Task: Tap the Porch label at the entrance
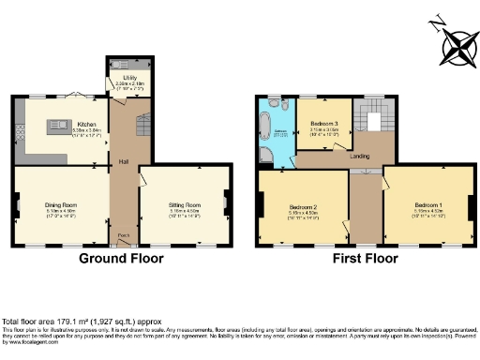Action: pos(123,235)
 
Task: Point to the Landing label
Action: pos(359,156)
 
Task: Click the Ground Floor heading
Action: pos(121,258)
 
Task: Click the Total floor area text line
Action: pos(71,322)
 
